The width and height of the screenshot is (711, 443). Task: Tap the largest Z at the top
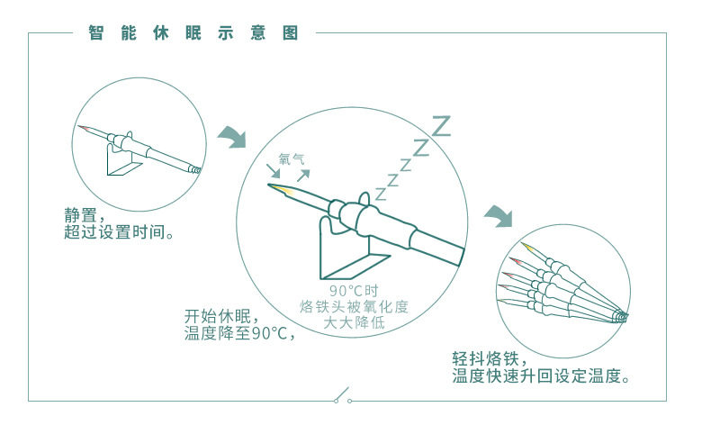click(x=440, y=125)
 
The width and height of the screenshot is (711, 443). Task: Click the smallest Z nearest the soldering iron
click(x=381, y=194)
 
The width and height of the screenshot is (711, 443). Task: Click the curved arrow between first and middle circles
click(x=231, y=137)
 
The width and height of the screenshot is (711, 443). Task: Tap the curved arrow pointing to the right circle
click(x=498, y=216)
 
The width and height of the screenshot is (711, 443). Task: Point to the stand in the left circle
click(x=125, y=163)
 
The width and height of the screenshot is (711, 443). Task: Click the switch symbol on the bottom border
click(x=343, y=397)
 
